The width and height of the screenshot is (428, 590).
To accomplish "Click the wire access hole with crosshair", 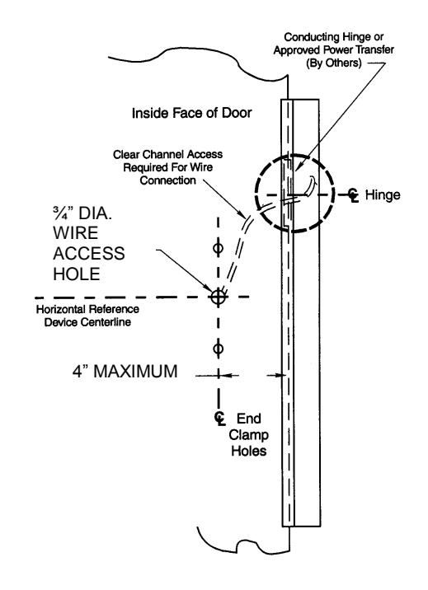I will [217, 297].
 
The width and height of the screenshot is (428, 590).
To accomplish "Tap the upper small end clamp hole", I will [217, 248].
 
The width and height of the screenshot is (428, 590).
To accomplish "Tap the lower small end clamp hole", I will [217, 348].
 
